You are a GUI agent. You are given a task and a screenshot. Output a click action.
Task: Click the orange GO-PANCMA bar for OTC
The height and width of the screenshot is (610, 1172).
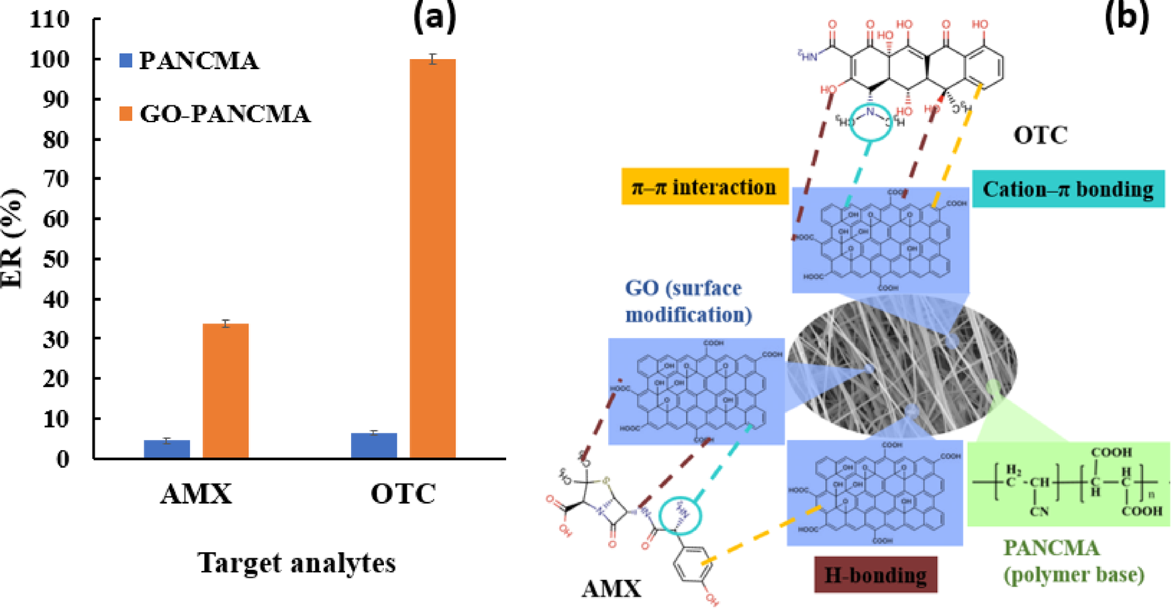tap(432, 258)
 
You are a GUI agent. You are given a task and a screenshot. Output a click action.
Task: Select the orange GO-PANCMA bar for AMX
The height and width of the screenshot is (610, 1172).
tap(226, 391)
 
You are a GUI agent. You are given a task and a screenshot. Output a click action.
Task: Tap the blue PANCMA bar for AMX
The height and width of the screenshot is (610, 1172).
tap(167, 449)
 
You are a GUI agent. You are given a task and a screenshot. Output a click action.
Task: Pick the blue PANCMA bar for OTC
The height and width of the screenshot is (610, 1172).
tap(374, 446)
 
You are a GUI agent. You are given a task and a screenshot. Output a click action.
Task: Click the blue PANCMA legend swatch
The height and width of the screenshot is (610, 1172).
tap(126, 60)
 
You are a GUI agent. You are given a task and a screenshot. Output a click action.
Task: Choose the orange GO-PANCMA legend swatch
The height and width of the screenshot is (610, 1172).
tap(126, 113)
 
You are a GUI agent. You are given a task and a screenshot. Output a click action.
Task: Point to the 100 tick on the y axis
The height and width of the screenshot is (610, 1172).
tap(50, 60)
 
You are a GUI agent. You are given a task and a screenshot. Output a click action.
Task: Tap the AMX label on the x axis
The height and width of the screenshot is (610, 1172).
tap(196, 495)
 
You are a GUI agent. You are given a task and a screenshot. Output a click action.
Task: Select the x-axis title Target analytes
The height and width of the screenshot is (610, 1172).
tap(297, 562)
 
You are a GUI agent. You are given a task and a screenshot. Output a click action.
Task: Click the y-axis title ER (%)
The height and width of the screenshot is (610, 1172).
tap(12, 239)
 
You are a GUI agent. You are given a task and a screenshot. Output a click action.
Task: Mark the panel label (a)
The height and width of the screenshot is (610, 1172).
tap(434, 17)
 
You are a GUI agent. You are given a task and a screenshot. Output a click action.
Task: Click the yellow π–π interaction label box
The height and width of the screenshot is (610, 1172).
tap(704, 187)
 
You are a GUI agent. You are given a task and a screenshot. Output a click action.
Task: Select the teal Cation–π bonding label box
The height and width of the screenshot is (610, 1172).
tap(1068, 189)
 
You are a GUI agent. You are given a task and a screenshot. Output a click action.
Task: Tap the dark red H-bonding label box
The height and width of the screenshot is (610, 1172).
tap(875, 575)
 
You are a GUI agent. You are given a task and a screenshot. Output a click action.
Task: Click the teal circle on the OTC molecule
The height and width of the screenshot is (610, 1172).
tap(871, 121)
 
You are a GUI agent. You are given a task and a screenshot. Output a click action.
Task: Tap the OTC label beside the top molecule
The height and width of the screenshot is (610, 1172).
tap(1040, 135)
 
